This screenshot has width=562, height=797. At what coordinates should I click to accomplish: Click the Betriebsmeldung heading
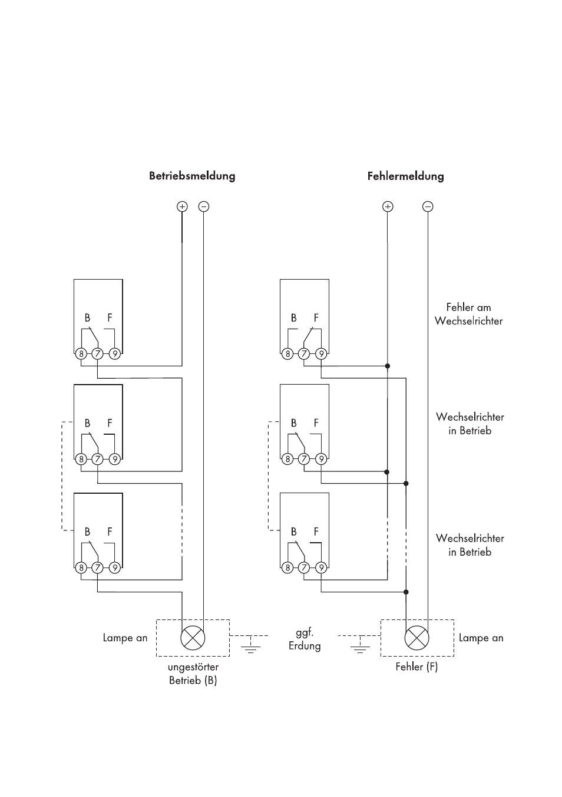[192, 176]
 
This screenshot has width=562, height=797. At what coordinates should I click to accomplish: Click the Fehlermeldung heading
[405, 176]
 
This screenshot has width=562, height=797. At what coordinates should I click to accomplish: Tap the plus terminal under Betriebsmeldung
[182, 206]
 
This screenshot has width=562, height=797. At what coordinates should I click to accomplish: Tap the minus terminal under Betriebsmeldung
[203, 206]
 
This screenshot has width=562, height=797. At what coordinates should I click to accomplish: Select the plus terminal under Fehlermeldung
[388, 206]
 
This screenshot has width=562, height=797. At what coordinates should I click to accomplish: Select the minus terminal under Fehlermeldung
[428, 206]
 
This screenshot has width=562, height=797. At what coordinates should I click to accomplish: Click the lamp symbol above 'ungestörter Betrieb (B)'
[193, 637]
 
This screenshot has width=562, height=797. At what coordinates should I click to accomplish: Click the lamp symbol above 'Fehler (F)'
[416, 637]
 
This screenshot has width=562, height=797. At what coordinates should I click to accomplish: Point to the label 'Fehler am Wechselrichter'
[468, 314]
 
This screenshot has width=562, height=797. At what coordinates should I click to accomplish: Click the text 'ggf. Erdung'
[305, 639]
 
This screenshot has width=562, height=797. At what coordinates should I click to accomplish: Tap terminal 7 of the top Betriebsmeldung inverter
[98, 354]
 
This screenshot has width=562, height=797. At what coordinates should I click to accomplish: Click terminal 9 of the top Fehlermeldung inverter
[321, 354]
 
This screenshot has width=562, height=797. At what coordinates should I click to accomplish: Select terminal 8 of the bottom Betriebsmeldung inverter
[81, 568]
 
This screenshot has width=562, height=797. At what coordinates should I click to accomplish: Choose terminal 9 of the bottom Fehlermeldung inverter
[321, 568]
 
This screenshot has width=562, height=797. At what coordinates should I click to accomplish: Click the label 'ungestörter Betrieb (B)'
[193, 674]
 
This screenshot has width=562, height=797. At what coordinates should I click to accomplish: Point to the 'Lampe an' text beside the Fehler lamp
[481, 638]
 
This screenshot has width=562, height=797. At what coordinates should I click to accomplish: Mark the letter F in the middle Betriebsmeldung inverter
[110, 423]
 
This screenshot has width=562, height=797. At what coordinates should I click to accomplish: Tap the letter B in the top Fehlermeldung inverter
[293, 318]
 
